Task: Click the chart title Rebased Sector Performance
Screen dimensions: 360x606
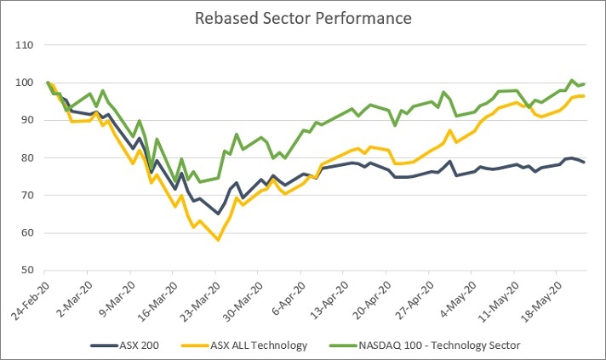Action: pos(302,18)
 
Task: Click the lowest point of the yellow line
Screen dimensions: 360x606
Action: pos(218,240)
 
